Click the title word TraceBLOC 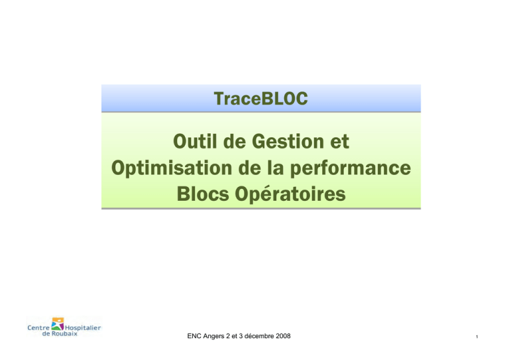[260, 99]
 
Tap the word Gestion [288, 142]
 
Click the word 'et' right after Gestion [339, 143]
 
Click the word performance [350, 168]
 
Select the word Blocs [203, 194]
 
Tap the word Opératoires [290, 194]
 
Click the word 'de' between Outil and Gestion [234, 141]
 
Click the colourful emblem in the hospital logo [58, 324]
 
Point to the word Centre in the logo [38, 328]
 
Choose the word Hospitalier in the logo [83, 328]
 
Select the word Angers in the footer [214, 337]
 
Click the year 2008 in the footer [283, 336]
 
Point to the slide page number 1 [477, 337]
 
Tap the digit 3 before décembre [241, 336]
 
